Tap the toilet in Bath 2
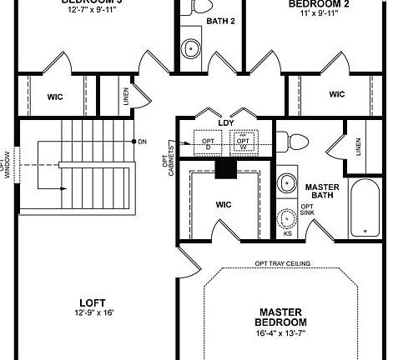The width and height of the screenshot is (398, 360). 199,6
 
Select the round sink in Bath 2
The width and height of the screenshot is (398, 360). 192,48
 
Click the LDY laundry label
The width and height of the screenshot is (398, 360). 226,123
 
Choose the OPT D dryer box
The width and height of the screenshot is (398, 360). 207,142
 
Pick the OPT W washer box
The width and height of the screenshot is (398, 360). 244,142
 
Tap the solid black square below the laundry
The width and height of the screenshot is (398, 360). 225,168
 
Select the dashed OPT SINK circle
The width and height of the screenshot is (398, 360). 289,218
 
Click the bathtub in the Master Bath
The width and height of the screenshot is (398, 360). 366,208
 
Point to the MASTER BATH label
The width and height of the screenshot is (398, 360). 320,192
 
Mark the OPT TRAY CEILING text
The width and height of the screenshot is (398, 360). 283,263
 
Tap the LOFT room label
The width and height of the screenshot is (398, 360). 93,303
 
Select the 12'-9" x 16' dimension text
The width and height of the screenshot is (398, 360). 93,313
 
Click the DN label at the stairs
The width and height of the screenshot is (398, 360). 142,142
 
